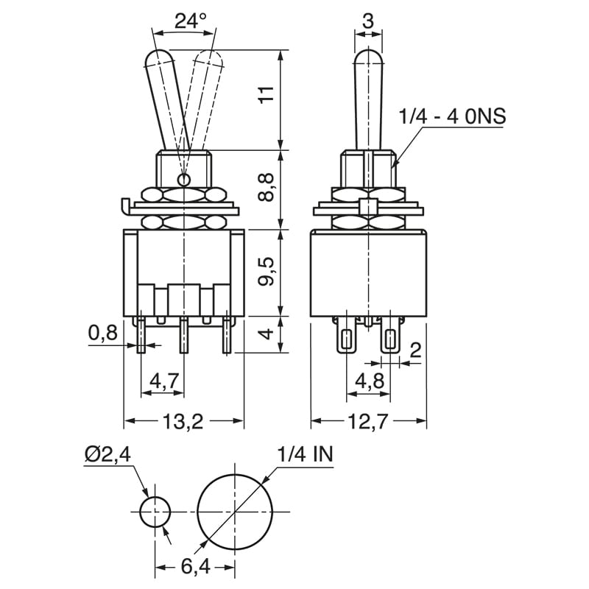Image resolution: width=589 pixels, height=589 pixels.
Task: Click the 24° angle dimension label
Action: click(189, 21)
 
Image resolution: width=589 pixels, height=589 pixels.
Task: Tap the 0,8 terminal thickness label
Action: click(103, 334)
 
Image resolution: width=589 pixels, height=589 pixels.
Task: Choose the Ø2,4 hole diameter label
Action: click(107, 454)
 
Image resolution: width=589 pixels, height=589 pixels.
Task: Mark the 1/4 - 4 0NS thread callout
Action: click(453, 116)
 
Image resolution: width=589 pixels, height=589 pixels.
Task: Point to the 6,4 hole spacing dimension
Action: click(195, 568)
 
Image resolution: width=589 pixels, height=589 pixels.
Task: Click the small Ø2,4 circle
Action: click(155, 512)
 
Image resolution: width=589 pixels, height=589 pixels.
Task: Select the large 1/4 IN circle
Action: click(235, 512)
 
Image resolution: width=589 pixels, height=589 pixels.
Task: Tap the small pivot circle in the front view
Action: click(184, 178)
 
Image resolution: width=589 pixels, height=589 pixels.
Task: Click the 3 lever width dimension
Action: click(368, 21)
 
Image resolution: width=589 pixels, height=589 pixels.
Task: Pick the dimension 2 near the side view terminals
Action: click(415, 350)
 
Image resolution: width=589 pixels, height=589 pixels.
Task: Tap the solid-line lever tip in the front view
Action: click(159, 59)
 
